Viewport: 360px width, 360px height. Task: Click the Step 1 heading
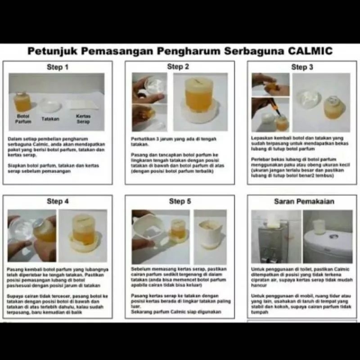58,67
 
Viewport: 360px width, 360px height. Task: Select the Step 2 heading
178,67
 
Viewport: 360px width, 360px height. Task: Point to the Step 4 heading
58,201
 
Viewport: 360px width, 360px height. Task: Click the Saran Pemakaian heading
304,201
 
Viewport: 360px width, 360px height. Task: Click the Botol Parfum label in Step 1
22,119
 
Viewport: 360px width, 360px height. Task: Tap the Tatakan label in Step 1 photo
50,119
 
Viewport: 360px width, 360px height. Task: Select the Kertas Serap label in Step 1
83,119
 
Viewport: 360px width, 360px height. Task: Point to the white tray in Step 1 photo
49,106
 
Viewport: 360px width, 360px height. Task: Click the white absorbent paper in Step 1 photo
82,105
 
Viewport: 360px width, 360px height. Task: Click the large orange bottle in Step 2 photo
198,95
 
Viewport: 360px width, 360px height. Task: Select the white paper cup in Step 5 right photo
210,232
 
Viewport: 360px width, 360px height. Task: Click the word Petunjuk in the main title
49,50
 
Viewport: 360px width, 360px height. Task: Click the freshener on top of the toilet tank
319,226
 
